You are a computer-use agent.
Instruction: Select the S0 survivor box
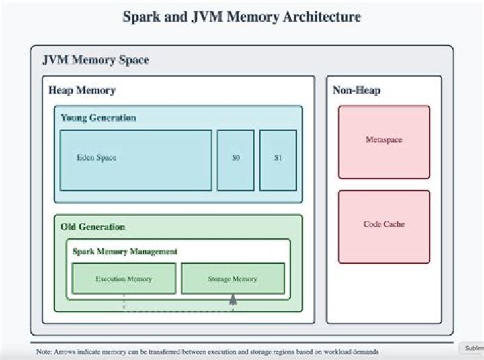[x=235, y=159]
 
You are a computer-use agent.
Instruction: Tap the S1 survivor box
[x=278, y=159]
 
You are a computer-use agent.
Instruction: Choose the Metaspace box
[x=383, y=141]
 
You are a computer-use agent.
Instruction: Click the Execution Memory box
[x=124, y=279]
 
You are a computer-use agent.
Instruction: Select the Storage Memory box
[x=233, y=279]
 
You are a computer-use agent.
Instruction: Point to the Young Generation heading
[x=98, y=118]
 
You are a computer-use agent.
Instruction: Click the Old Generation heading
[x=93, y=227]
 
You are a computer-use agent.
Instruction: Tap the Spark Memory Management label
[x=125, y=251]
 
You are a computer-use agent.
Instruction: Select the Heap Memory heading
[x=82, y=90]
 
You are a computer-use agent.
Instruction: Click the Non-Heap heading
[x=356, y=90]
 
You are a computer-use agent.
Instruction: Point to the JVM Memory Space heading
[x=95, y=60]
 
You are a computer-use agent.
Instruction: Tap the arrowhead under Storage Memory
[x=233, y=300]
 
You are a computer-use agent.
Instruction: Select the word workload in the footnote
[x=329, y=351]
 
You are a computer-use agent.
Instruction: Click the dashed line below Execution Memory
[x=124, y=303]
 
